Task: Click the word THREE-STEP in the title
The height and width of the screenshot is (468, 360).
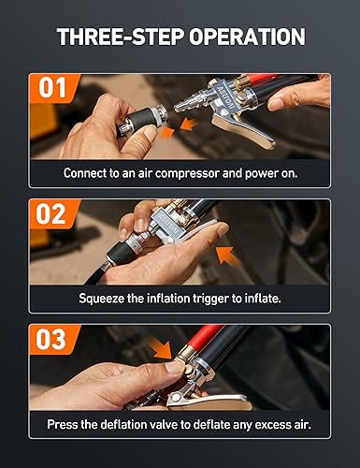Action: click(x=122, y=37)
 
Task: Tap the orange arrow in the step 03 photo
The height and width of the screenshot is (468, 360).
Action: click(x=160, y=353)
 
